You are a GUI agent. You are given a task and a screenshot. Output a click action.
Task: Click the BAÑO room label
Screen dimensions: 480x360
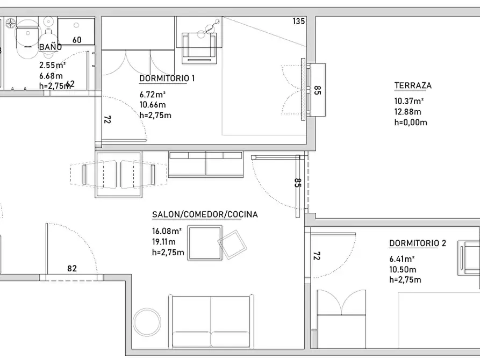[51, 47]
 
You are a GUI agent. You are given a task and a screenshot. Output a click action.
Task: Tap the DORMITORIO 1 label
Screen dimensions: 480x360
[167, 78]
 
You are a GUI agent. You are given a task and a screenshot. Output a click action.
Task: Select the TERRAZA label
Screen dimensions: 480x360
[413, 85]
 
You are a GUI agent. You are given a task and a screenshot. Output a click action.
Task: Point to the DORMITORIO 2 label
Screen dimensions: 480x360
[418, 243]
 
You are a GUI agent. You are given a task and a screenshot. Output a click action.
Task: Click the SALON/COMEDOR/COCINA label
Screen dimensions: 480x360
[205, 214]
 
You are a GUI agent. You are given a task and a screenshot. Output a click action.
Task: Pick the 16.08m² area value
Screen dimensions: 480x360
[167, 231]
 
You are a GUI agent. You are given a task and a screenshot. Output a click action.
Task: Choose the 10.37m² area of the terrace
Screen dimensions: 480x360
[409, 101]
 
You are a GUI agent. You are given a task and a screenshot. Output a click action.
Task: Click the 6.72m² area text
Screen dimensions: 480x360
[153, 94]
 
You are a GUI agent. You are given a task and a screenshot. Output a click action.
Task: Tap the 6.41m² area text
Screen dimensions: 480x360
[402, 259]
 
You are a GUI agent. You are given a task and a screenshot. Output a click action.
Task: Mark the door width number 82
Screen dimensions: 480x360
[72, 269]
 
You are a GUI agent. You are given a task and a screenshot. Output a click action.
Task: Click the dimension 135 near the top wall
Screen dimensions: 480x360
[299, 21]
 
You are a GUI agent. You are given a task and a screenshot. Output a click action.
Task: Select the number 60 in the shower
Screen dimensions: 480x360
[77, 40]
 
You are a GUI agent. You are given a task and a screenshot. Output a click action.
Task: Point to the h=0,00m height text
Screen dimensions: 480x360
[411, 123]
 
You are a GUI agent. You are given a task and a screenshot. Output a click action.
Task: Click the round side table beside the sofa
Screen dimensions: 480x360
[147, 322]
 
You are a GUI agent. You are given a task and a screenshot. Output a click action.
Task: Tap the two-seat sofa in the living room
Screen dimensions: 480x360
[211, 321]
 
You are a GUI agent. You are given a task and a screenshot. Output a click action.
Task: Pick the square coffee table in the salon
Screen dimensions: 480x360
[205, 243]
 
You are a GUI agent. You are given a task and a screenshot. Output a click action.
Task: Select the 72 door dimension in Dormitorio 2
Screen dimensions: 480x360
[317, 256]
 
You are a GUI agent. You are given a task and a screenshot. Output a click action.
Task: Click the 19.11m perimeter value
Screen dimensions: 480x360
[164, 242]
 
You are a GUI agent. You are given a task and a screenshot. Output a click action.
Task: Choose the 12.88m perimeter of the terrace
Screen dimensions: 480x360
[407, 112]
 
